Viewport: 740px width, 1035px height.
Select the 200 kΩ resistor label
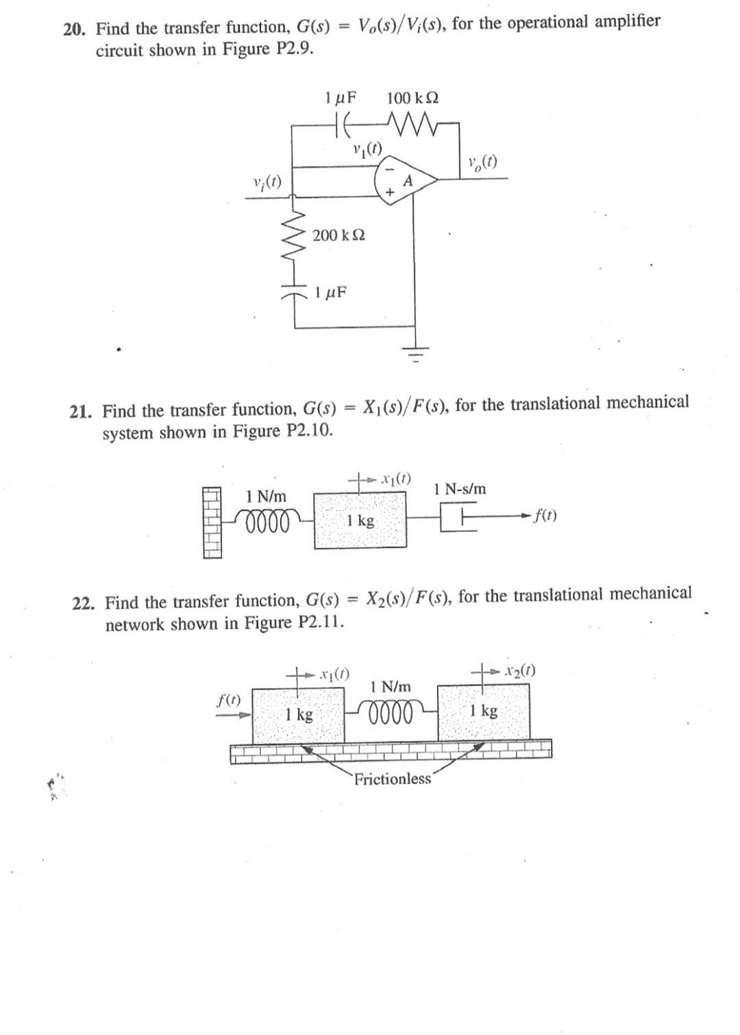[x=338, y=235]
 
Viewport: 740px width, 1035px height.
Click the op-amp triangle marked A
[x=406, y=180]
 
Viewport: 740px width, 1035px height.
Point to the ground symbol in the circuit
[x=414, y=352]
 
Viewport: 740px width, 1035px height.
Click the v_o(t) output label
[x=482, y=163]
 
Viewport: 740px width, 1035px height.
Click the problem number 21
[x=82, y=412]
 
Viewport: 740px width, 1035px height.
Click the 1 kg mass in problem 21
[x=360, y=520]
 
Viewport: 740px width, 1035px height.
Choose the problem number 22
[x=86, y=603]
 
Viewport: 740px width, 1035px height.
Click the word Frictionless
[x=393, y=779]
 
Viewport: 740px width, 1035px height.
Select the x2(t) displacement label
[x=518, y=670]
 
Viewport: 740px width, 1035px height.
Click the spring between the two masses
[x=391, y=712]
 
